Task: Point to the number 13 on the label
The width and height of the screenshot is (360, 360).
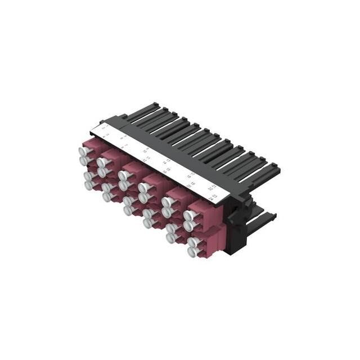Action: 168,160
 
